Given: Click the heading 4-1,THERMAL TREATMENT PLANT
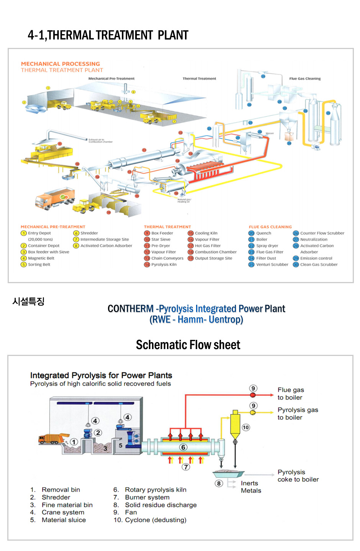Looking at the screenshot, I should [108, 35].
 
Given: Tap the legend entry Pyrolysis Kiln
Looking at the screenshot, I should [160, 264].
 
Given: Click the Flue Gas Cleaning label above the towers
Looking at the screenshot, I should [305, 79].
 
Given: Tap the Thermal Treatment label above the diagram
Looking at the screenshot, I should [199, 79].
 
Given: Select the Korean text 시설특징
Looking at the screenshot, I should [28, 302].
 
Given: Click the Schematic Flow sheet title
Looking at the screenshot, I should [188, 345].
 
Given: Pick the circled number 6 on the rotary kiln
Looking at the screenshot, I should [183, 447].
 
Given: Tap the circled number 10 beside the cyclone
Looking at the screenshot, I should [246, 427].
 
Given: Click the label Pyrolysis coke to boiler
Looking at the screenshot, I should [298, 476].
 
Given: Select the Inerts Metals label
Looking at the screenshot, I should [251, 487].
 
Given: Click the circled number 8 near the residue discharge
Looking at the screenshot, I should [219, 483].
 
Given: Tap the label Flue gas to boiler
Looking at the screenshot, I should [291, 394].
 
